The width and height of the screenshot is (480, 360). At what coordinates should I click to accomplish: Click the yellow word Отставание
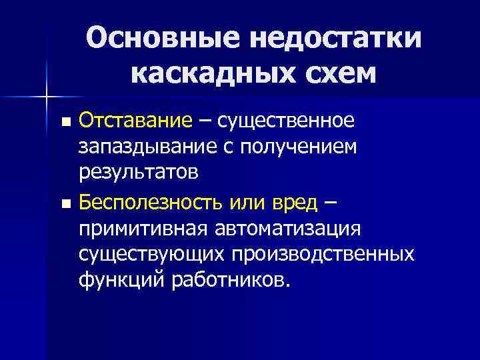[x=135, y=121]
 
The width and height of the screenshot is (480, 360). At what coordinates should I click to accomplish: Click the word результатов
[x=138, y=172]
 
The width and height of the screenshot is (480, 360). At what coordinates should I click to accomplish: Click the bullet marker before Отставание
[x=65, y=123]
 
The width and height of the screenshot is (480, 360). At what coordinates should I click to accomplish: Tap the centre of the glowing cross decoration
[x=47, y=98]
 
